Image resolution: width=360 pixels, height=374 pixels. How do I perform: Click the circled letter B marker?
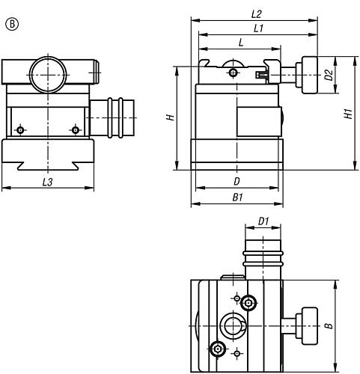coord(12,25)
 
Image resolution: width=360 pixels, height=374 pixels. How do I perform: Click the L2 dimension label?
coord(256,14)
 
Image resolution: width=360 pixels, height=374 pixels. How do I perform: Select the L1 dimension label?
coord(258,28)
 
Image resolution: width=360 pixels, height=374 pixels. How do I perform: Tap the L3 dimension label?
coord(47,183)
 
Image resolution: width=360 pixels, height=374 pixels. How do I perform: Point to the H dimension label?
coord(171,117)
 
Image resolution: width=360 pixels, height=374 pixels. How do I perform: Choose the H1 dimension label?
coord(349,114)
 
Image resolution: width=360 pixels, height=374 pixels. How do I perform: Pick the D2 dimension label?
coord(329,75)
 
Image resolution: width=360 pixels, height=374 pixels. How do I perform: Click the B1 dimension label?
coord(237,197)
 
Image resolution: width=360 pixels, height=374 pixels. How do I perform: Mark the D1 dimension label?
coord(263,221)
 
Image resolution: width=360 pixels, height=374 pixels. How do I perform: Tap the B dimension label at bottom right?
coord(329,325)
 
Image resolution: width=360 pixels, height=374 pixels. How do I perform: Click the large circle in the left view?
coord(48,75)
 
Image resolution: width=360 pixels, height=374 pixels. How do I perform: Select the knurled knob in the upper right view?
coord(309,75)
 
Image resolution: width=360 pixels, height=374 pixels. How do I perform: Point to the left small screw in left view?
coord(20,130)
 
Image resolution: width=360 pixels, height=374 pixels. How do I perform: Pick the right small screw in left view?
coord(76,130)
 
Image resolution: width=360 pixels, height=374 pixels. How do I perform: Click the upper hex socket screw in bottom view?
coord(248,303)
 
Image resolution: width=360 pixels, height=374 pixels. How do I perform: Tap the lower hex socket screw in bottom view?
coord(218,349)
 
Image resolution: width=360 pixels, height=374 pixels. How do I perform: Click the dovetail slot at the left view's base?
coord(48,166)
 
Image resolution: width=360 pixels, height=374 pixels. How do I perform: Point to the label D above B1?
coord(237,181)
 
